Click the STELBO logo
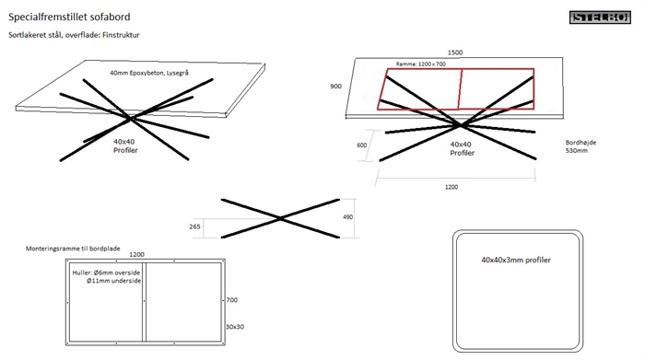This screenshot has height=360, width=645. [x=600, y=17]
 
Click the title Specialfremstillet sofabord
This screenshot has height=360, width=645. [x=69, y=17]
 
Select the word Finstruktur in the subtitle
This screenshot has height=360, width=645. [x=121, y=35]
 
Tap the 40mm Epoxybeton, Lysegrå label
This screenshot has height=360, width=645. [x=149, y=73]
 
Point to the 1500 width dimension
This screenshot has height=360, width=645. [x=455, y=52]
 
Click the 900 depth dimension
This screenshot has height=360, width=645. [x=335, y=87]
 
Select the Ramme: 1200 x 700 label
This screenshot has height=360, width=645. [x=421, y=64]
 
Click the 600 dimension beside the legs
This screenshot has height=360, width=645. [x=361, y=145]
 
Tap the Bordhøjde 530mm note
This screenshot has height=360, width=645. [x=580, y=146]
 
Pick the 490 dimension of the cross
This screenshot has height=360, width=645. [x=347, y=216]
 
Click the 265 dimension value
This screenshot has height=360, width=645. [x=194, y=226]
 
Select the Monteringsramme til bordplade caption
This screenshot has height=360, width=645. [x=73, y=249]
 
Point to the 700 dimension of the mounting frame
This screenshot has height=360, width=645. [x=232, y=300]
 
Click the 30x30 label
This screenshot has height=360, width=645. [x=235, y=327]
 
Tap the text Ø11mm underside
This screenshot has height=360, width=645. [x=114, y=281]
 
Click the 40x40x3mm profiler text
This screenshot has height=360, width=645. [x=516, y=260]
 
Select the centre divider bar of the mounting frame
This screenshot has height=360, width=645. [x=144, y=302]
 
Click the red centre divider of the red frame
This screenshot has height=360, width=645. [x=461, y=89]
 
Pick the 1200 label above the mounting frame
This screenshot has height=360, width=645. [x=137, y=255]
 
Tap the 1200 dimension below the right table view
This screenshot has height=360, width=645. [x=451, y=187]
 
